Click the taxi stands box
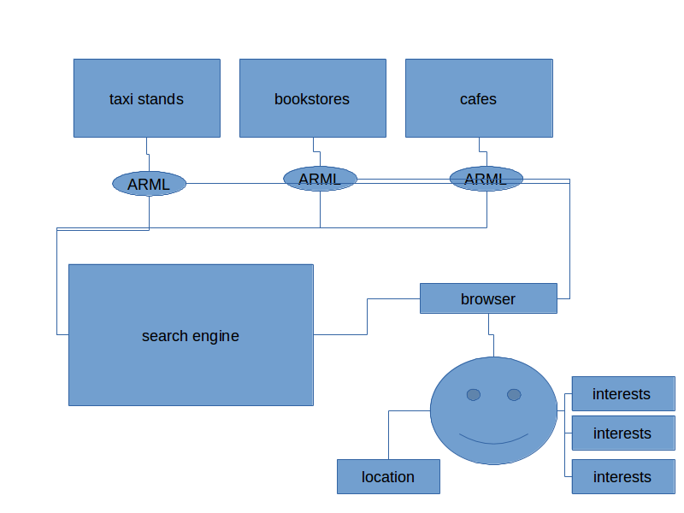(146, 97)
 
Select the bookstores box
(312, 97)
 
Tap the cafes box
(478, 97)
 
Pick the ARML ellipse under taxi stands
(149, 184)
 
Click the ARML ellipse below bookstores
(320, 179)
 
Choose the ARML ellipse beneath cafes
(486, 179)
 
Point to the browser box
(488, 298)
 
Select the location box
(388, 476)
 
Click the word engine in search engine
(215, 336)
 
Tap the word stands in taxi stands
(162, 99)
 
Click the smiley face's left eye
(474, 394)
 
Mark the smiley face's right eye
(514, 394)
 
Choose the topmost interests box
(622, 393)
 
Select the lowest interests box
(622, 476)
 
